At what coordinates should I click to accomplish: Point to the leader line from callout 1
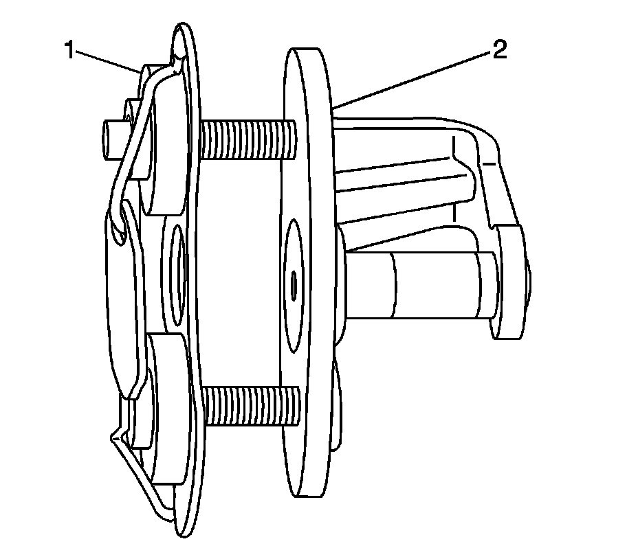point(107,60)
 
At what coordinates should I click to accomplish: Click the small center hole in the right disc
point(294,283)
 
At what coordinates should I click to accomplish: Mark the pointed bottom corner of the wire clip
point(113,435)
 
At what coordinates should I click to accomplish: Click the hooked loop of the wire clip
point(119,220)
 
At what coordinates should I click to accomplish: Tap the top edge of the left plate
point(184,31)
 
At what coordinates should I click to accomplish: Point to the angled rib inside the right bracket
point(406,220)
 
